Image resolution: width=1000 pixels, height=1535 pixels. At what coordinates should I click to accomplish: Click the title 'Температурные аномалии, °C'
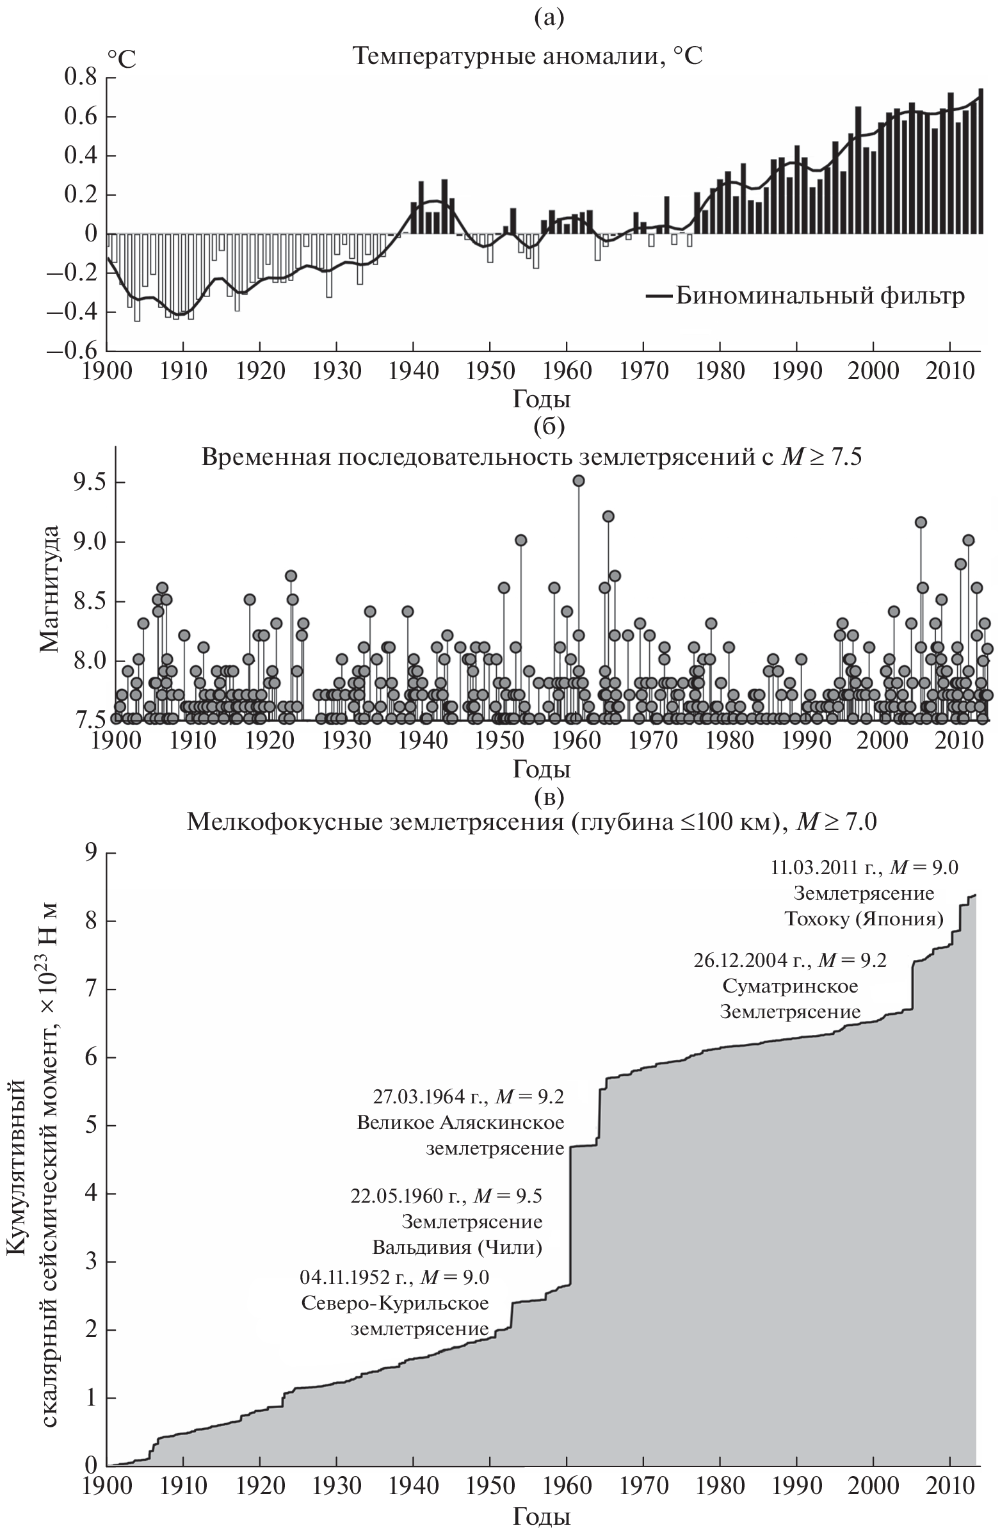[527, 57]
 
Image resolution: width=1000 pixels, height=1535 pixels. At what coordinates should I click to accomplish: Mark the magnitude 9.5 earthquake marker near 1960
[579, 480]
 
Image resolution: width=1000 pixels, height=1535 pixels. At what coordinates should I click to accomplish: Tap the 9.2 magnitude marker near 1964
[608, 516]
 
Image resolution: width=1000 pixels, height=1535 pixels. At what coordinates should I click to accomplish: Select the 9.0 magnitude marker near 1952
[521, 540]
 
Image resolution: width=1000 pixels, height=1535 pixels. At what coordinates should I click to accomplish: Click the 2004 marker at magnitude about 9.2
[921, 523]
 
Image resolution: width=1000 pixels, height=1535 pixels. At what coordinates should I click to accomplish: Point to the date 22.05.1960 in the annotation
[407, 1196]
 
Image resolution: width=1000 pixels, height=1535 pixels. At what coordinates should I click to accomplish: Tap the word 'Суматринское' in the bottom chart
[790, 986]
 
